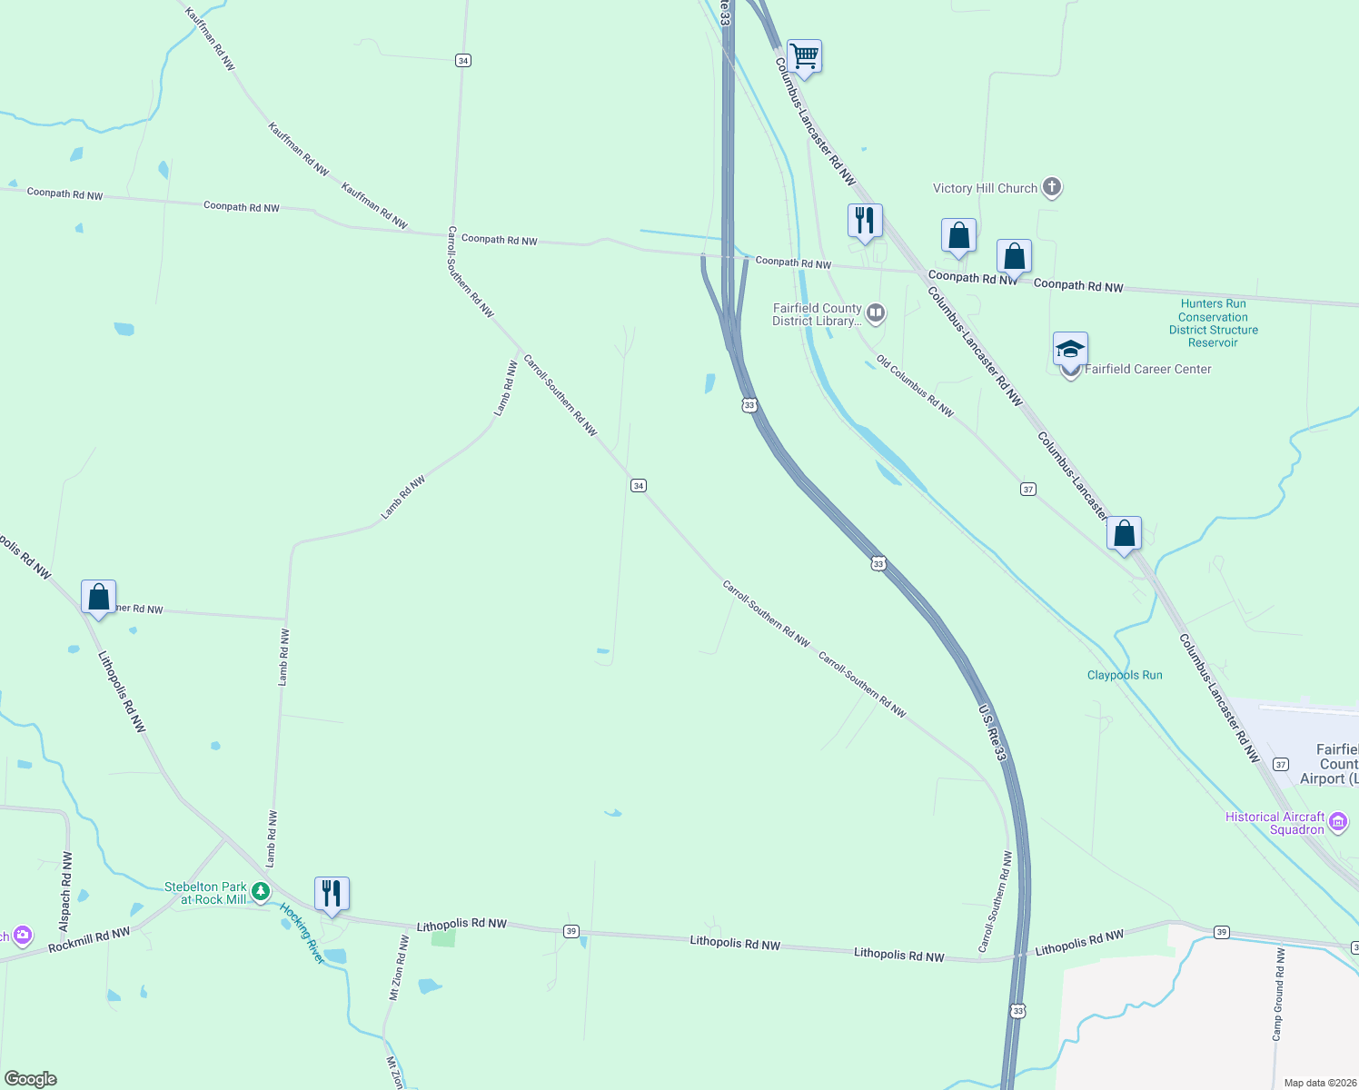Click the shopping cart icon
tap(805, 56)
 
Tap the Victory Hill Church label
tap(985, 188)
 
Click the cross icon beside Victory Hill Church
tap(1052, 187)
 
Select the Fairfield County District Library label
tap(817, 314)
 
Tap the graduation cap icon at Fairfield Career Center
tap(1070, 350)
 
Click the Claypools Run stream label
tap(1125, 675)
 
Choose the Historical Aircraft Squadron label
tap(1275, 823)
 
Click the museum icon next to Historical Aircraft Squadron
tap(1337, 823)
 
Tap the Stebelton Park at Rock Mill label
tap(205, 893)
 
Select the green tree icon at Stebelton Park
tap(261, 892)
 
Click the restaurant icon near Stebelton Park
tap(332, 894)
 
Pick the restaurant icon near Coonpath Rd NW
tap(865, 221)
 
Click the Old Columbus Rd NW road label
tap(915, 387)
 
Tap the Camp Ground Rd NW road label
tap(1278, 994)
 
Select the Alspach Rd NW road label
tap(65, 891)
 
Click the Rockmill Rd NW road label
tap(89, 940)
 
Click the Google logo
tap(31, 1079)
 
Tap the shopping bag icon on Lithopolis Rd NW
tap(98, 598)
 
